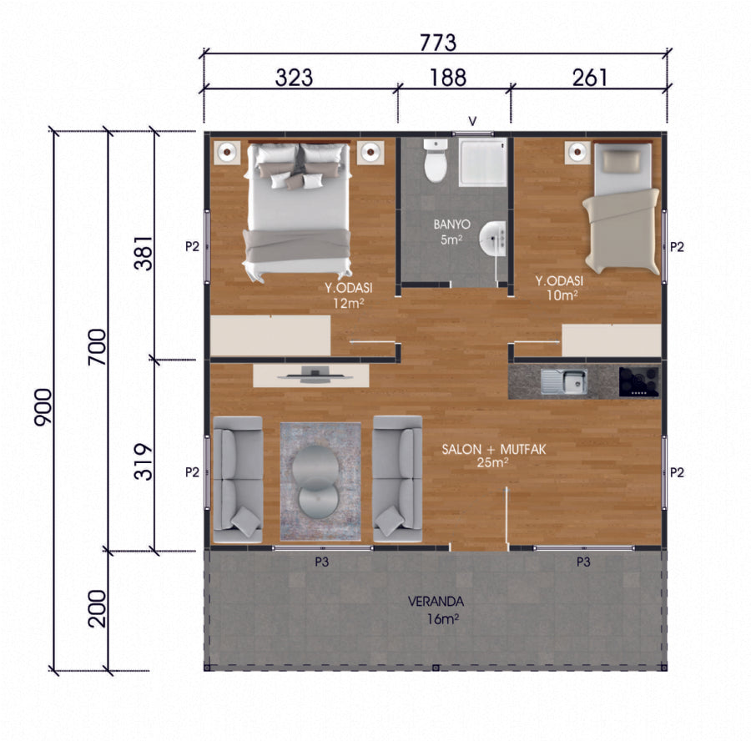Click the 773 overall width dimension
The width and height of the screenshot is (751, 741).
tap(438, 43)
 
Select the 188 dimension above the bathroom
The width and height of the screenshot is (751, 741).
tap(448, 78)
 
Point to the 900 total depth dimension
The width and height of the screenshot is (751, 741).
tap(43, 407)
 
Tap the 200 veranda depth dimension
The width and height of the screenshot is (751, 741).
tap(98, 608)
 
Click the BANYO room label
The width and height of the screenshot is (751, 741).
tap(451, 224)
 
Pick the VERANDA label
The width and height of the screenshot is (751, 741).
tap(436, 601)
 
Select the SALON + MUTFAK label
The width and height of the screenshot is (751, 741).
tap(494, 449)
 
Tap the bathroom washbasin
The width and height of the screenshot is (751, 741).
tap(493, 238)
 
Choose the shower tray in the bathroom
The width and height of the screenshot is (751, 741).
tap(483, 162)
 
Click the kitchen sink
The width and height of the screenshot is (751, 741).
tap(564, 381)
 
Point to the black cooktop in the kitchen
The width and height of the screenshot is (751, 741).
tap(639, 381)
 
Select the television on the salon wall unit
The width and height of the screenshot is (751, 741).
tap(315, 375)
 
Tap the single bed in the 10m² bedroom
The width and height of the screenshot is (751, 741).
tap(622, 209)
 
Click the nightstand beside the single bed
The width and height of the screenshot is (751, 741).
tap(577, 152)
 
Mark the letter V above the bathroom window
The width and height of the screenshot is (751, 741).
tap(472, 121)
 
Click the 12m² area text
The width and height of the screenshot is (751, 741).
tap(349, 303)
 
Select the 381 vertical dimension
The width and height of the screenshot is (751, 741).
tap(144, 253)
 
